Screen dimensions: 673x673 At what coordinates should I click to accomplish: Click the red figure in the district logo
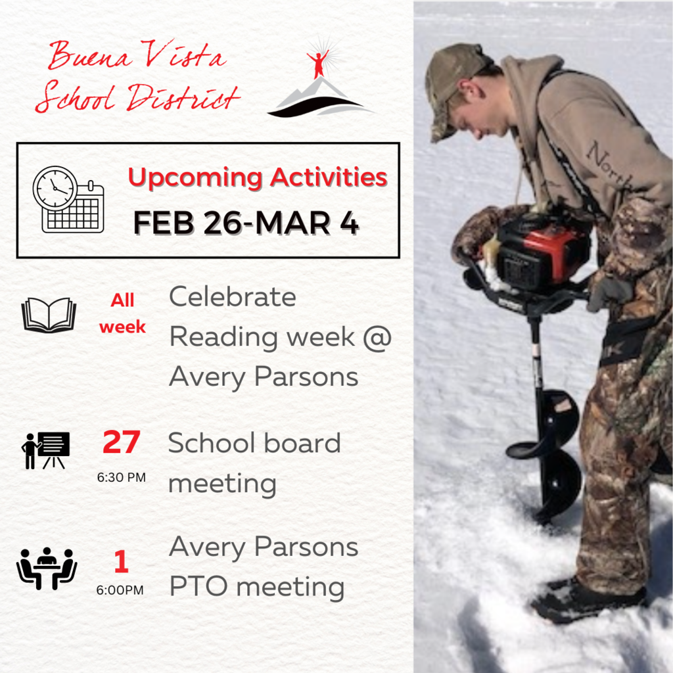317,64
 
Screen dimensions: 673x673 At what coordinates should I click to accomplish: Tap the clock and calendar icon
68,200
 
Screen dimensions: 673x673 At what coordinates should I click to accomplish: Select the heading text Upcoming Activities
258,178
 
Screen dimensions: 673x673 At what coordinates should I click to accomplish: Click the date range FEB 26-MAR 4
246,223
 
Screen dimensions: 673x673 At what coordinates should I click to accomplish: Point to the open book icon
49,315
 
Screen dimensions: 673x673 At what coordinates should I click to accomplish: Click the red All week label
122,313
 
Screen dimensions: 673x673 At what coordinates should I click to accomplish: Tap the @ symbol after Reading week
377,337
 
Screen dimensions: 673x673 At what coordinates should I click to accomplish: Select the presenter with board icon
45,450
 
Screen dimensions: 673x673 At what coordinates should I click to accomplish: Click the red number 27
122,442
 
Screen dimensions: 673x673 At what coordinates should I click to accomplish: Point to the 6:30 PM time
122,477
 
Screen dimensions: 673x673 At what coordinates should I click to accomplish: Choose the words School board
254,443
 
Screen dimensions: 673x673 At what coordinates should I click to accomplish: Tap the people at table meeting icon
47,569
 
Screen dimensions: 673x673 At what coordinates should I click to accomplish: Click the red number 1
122,561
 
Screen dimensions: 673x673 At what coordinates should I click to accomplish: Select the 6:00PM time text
120,590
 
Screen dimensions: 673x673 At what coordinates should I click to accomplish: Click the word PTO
198,587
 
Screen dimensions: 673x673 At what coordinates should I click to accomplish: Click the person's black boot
588,601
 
